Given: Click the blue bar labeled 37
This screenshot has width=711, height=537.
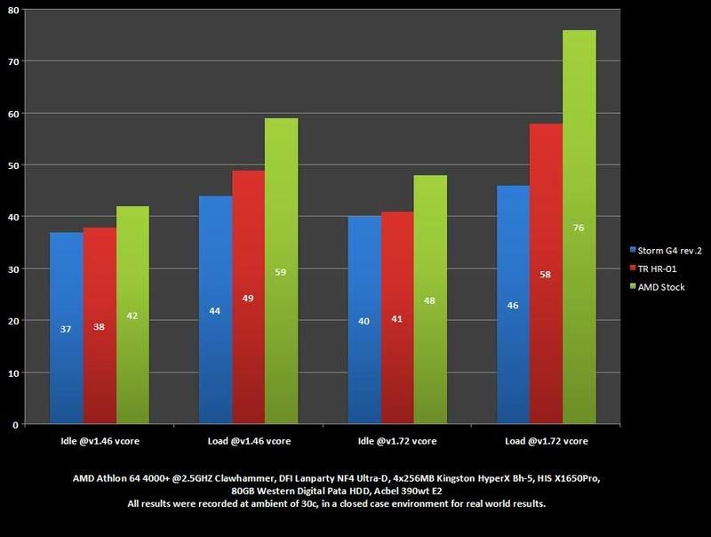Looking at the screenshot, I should point(67,328).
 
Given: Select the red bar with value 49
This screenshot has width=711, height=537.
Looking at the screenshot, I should point(248,298).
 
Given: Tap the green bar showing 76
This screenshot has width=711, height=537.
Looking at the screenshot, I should point(579,228).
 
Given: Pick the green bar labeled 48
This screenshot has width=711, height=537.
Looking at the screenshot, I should point(430,300).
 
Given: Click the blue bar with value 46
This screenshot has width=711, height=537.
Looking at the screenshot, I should point(514,305).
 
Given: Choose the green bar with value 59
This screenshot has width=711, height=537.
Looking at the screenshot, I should point(281,271).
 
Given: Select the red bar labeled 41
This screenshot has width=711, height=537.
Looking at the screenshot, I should point(397,318).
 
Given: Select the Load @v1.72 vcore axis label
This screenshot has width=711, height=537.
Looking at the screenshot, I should point(546,440).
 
